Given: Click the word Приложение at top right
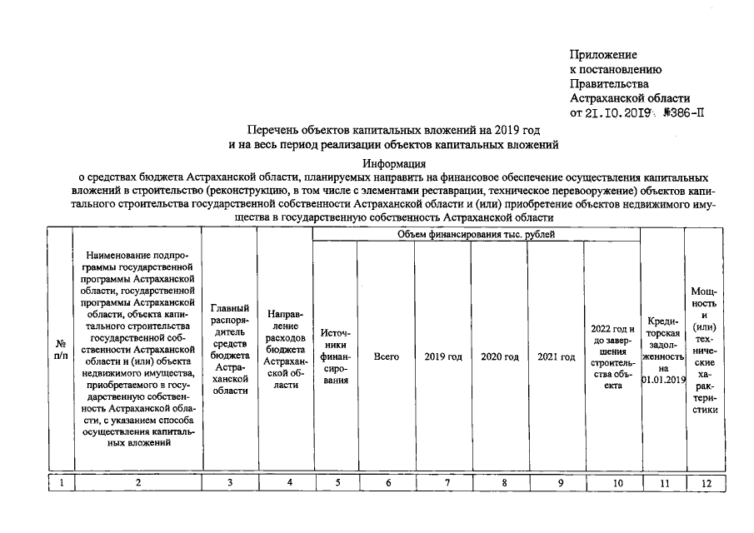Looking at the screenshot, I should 603,54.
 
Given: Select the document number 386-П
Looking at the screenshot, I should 683,113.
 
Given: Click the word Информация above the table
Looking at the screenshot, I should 394,164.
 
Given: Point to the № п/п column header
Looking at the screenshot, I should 61,350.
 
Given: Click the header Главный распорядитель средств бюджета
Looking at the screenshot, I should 230,349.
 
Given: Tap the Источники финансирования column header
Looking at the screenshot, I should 335,356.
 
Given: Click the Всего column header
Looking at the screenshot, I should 386,356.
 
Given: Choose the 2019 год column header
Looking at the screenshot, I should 443,356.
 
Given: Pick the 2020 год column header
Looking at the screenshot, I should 500,356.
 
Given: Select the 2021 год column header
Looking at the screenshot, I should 557,356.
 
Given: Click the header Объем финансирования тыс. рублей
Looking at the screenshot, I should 476,235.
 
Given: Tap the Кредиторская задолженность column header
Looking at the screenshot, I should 662,351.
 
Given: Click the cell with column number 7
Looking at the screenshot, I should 447,481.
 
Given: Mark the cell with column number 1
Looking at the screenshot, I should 61,481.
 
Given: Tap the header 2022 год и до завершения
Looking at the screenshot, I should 612,356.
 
